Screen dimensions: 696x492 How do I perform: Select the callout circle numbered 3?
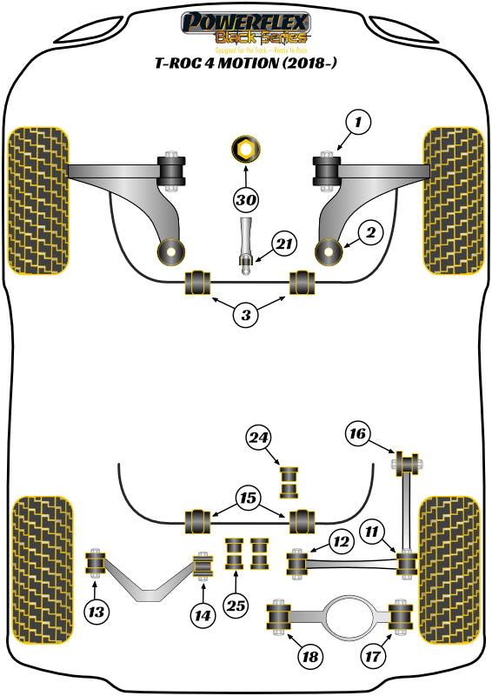pos(246,315)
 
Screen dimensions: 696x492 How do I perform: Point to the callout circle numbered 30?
pos(246,200)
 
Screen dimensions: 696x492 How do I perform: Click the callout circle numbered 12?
pos(340,541)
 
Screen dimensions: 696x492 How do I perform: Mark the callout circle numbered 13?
pos(97,613)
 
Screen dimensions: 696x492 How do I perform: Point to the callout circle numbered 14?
pos(203,615)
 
